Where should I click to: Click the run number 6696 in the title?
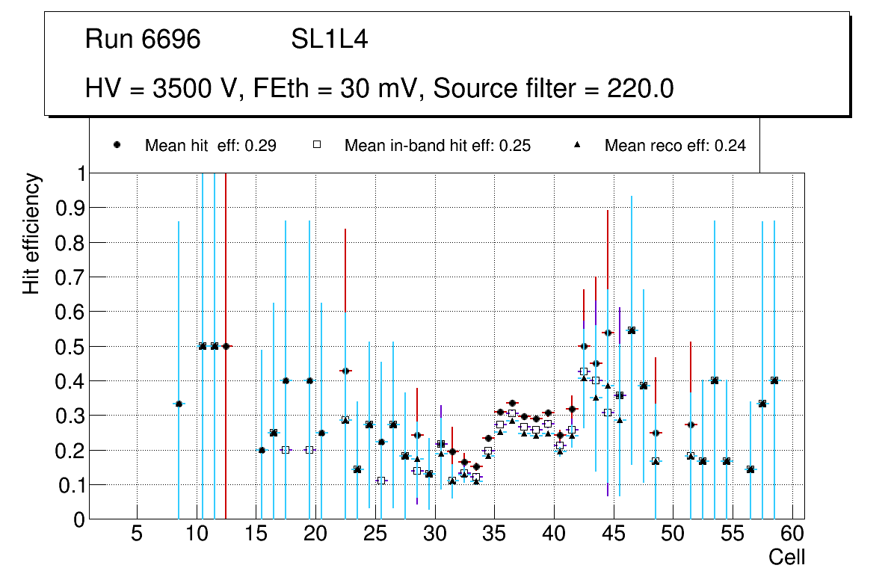pyautogui.click(x=170, y=40)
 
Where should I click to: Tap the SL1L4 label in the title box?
pyautogui.click(x=329, y=40)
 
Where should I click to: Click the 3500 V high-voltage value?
pyautogui.click(x=196, y=89)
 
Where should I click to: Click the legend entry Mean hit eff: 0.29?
pyautogui.click(x=210, y=146)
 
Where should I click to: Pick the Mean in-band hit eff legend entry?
pyautogui.click(x=437, y=146)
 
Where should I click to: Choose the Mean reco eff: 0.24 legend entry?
pyautogui.click(x=675, y=146)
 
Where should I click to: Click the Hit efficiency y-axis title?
pyautogui.click(x=31, y=233)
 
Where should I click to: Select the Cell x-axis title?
pyautogui.click(x=786, y=557)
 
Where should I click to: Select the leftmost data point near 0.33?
pyautogui.click(x=179, y=404)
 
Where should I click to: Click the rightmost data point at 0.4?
pyautogui.click(x=774, y=380)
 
